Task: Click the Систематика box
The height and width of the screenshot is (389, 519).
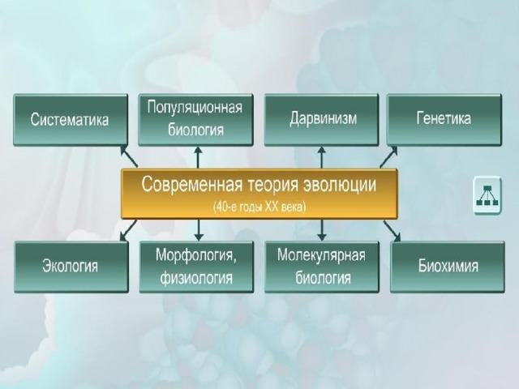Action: (x=70, y=120)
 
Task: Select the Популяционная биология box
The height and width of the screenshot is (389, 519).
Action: (x=195, y=119)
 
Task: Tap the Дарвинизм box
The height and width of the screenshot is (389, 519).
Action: (x=323, y=119)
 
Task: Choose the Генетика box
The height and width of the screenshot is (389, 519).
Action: (x=443, y=119)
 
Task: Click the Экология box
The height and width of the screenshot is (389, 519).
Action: (x=70, y=267)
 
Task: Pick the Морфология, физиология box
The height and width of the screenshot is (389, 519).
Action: (x=195, y=267)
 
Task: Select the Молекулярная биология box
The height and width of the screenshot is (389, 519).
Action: (x=321, y=267)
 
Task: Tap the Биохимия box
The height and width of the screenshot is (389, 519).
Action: (x=448, y=267)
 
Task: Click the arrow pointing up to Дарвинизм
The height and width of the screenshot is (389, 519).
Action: (x=322, y=156)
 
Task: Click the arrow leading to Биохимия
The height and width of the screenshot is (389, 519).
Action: (x=392, y=231)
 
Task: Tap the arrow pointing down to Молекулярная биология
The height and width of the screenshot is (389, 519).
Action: (x=322, y=230)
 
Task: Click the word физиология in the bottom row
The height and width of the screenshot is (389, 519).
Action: (x=195, y=279)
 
